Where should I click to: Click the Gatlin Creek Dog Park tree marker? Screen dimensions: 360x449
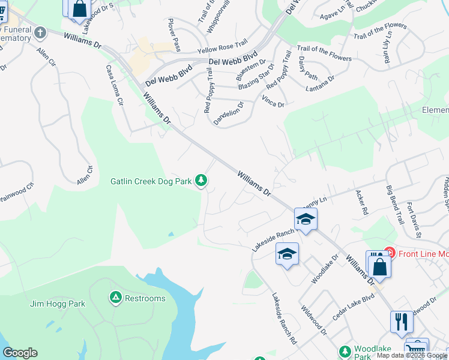click(x=203, y=180)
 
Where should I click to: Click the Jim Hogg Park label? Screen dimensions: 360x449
click(x=58, y=304)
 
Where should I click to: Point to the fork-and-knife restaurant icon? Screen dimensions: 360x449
click(x=401, y=322)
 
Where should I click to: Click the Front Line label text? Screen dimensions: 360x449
click(x=423, y=253)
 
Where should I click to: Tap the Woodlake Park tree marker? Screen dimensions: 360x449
click(x=345, y=350)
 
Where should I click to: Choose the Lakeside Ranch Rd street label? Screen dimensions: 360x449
click(x=285, y=318)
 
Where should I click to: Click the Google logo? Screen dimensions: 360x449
click(x=19, y=353)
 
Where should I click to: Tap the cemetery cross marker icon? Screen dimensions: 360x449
click(x=41, y=32)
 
